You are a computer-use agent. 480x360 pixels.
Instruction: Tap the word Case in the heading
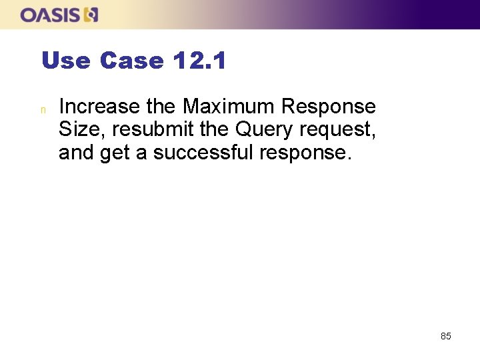(x=131, y=61)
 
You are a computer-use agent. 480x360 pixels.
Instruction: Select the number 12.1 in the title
(x=199, y=61)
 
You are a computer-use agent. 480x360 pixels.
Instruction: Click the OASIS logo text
(x=51, y=15)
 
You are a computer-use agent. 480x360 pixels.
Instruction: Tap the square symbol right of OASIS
(x=91, y=15)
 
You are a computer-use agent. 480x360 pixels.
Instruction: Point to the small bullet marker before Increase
(x=43, y=108)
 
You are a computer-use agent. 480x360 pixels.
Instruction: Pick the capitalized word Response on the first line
(x=329, y=107)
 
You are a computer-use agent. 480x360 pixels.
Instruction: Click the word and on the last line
(x=76, y=153)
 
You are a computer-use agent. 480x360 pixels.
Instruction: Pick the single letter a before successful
(x=141, y=154)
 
